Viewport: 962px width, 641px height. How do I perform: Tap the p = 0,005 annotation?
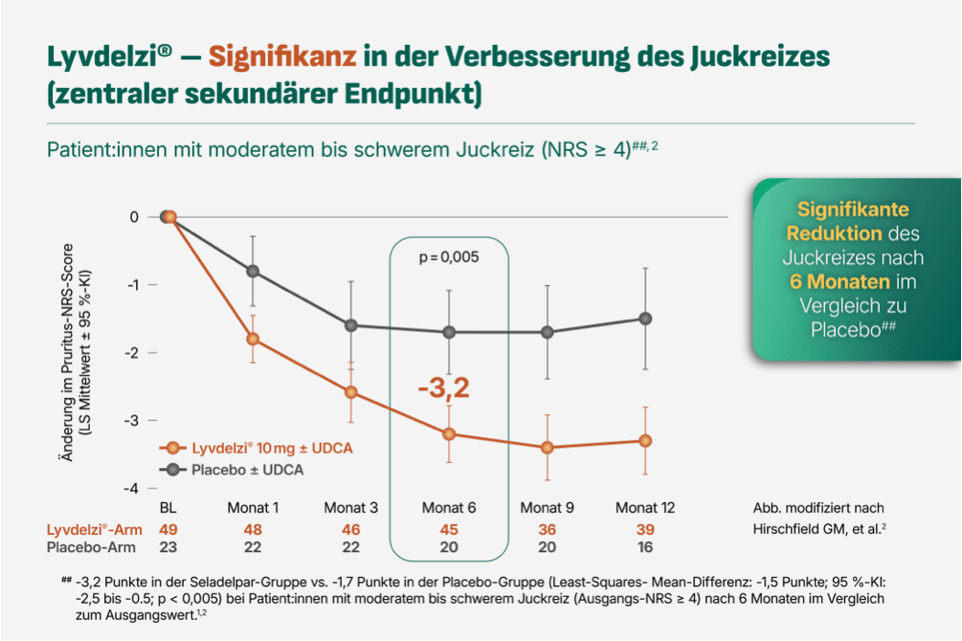pos(449,258)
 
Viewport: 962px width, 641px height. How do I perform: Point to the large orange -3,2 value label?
pos(444,388)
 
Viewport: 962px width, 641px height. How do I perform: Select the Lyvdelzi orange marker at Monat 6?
pos(449,433)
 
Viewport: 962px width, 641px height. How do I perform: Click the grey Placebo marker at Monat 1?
pos(252,271)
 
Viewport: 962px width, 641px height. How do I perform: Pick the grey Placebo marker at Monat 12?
pos(646,318)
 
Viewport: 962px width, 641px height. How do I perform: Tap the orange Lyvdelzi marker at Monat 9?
pos(547,447)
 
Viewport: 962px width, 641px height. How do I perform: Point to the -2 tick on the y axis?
pos(133,352)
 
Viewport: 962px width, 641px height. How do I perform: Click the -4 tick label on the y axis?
pos(133,488)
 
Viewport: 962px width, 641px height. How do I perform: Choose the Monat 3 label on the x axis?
pos(351,507)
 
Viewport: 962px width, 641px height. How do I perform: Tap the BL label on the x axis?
pos(167,507)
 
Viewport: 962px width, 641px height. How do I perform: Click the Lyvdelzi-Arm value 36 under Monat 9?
pos(547,529)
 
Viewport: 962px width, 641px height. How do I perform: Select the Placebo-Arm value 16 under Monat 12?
pos(646,547)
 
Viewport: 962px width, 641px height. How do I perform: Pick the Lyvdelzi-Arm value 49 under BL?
pos(167,529)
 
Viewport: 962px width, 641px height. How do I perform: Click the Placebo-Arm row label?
pos(91,547)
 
